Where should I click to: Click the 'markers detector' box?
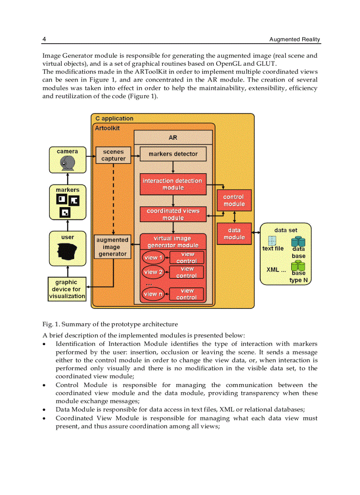(173, 154)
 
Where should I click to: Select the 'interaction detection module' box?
(172, 184)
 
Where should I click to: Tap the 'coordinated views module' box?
(173, 214)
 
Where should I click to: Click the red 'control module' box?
(234, 201)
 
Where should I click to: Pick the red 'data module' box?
(234, 234)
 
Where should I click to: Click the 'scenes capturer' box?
(113, 155)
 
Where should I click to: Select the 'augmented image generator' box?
(112, 247)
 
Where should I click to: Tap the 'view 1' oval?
(153, 257)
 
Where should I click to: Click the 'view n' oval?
(153, 294)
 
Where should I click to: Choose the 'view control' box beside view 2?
(187, 272)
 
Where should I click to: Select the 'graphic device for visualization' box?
(67, 289)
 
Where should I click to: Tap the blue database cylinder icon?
(298, 242)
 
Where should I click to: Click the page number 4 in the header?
(44, 39)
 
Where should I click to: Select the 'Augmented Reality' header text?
(295, 40)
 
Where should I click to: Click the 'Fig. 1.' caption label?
(52, 324)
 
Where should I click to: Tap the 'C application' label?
(114, 119)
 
